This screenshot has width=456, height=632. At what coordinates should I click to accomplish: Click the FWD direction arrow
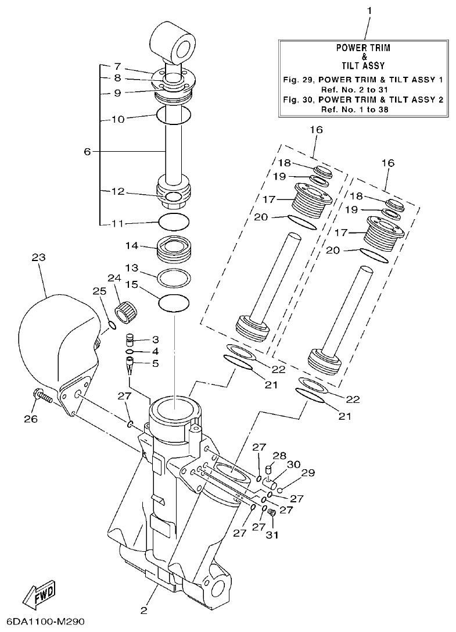pyautogui.click(x=40, y=594)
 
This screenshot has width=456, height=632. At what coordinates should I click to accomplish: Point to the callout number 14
pyautogui.click(x=132, y=245)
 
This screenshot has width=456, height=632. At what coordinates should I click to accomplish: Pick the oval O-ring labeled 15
pyautogui.click(x=174, y=302)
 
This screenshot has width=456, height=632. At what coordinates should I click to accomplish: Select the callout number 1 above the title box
pyautogui.click(x=369, y=10)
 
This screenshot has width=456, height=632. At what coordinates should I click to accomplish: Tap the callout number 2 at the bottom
pyautogui.click(x=143, y=610)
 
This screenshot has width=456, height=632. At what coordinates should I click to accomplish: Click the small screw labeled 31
pyautogui.click(x=271, y=512)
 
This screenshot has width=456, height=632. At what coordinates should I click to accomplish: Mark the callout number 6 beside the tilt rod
pyautogui.click(x=87, y=151)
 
